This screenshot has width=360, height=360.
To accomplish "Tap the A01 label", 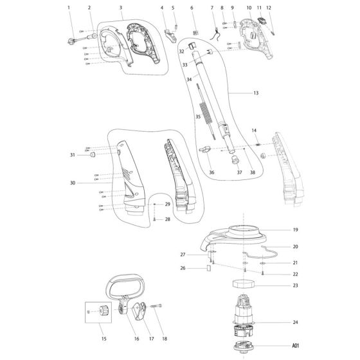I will click(x=296, y=346).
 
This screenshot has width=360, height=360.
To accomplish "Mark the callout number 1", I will click(x=69, y=8).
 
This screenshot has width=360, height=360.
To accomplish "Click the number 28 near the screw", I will click(x=167, y=219).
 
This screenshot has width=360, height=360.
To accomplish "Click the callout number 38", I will click(x=252, y=172).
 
